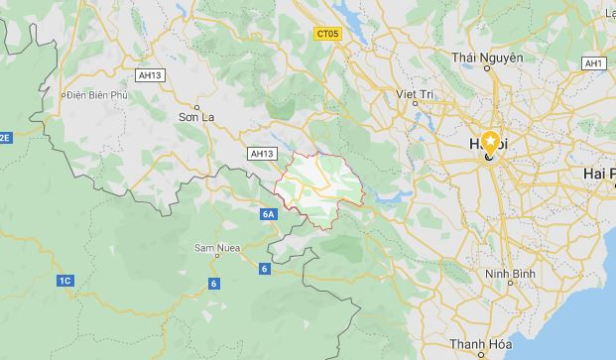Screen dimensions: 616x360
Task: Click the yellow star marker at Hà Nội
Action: click(490, 142)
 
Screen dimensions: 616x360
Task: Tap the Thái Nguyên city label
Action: click(486, 58)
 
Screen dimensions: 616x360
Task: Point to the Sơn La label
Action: click(197, 117)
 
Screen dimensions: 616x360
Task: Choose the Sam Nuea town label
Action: click(214, 245)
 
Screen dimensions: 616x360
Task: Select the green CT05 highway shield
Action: click(327, 33)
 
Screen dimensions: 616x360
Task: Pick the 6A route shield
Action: click(270, 214)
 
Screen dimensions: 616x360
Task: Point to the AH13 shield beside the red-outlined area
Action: click(261, 154)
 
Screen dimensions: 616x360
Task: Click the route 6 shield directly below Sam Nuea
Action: click(214, 285)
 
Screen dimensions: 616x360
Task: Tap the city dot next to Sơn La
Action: click(197, 105)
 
